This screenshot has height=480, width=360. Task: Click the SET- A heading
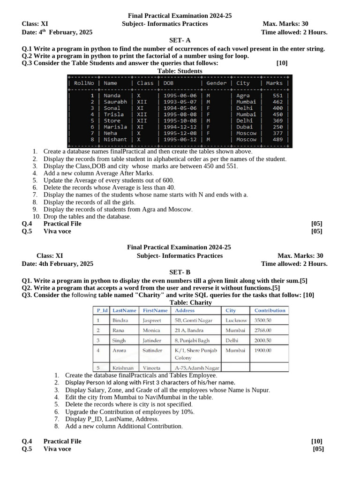tap(180, 41)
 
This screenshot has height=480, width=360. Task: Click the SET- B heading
tap(180, 272)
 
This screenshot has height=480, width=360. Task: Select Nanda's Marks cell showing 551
tap(277, 96)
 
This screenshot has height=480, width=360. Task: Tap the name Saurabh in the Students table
tap(115, 102)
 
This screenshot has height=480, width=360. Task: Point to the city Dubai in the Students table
tap(244, 127)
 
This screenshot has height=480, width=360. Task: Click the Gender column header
tap(216, 83)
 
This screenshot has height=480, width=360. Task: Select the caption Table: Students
tap(180, 71)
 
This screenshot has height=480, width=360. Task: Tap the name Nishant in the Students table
tap(115, 140)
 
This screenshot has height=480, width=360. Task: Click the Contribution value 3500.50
tap(263, 321)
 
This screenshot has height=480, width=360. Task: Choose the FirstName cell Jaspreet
tap(151, 321)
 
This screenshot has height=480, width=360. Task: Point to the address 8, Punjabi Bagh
tap(192, 341)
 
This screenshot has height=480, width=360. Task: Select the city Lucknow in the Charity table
tap(236, 321)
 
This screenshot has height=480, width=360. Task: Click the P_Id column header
tap(102, 310)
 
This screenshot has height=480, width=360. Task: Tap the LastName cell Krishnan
tap(123, 368)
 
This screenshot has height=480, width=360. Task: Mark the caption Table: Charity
tap(180, 303)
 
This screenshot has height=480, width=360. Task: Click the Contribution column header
tap(270, 310)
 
